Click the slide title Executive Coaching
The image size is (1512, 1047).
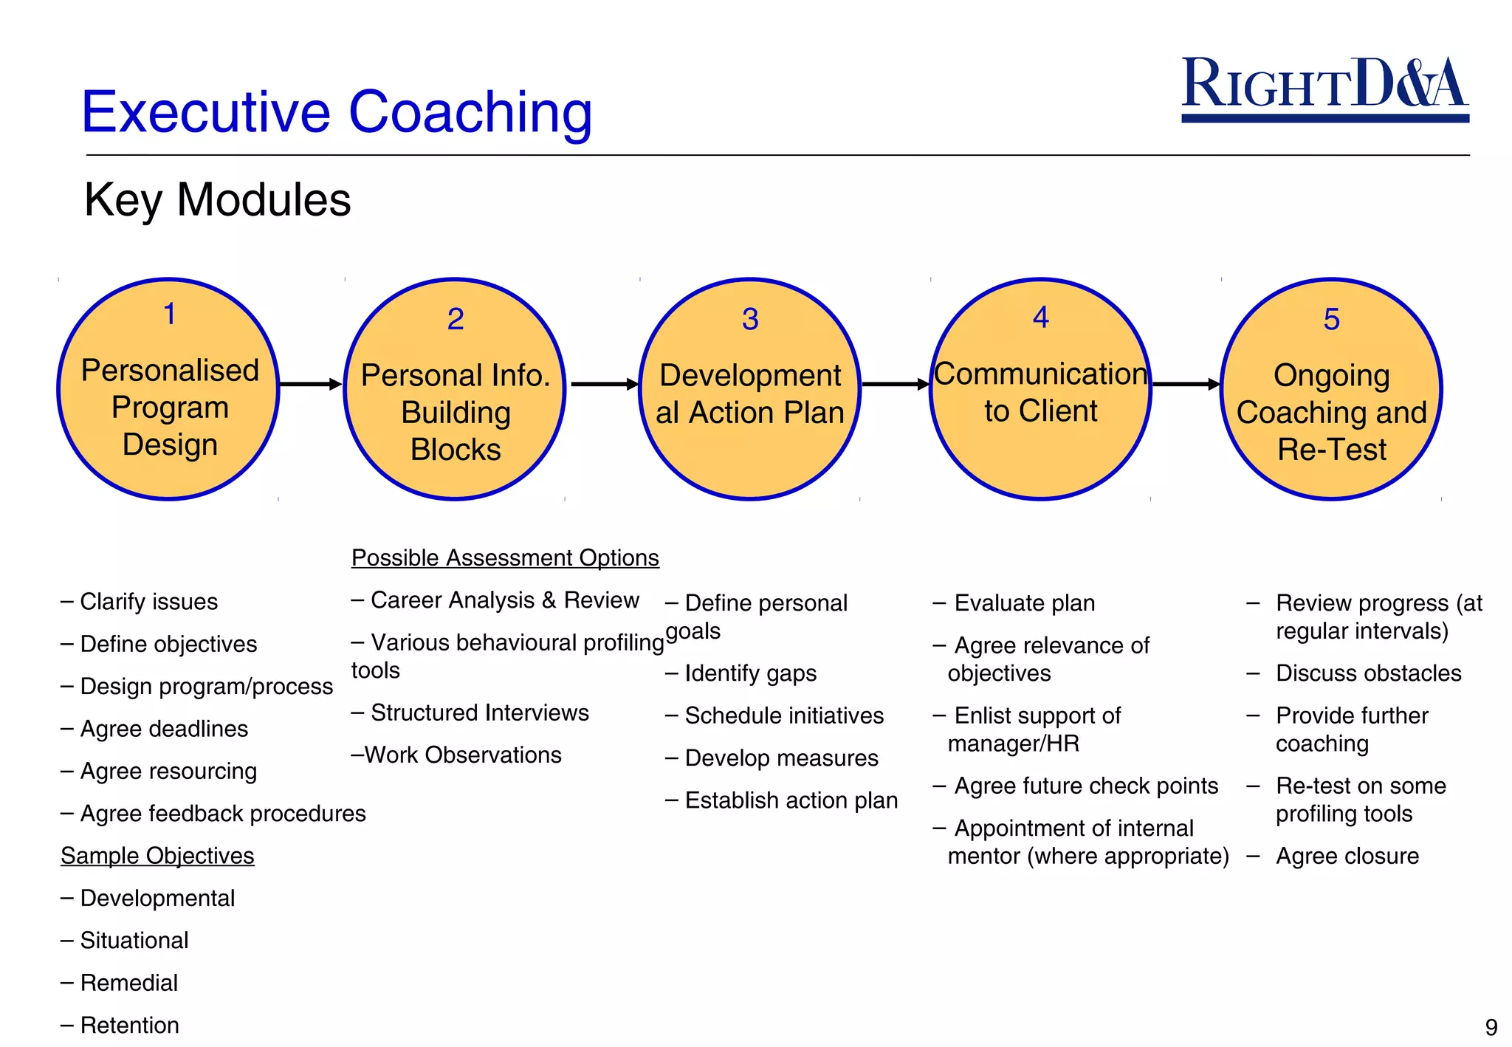click(x=337, y=112)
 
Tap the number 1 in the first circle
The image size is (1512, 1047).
click(x=169, y=314)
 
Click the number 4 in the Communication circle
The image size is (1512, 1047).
click(x=1040, y=317)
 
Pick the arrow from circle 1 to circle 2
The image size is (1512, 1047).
click(x=310, y=384)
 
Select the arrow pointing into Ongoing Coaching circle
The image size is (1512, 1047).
click(x=1186, y=384)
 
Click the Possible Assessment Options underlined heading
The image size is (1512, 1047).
click(x=505, y=557)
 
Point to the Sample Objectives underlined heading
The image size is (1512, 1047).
click(x=157, y=855)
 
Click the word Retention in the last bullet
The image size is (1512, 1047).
click(x=130, y=1025)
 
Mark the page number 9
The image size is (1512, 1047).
click(x=1491, y=1027)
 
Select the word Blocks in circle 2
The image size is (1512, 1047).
click(x=456, y=450)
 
